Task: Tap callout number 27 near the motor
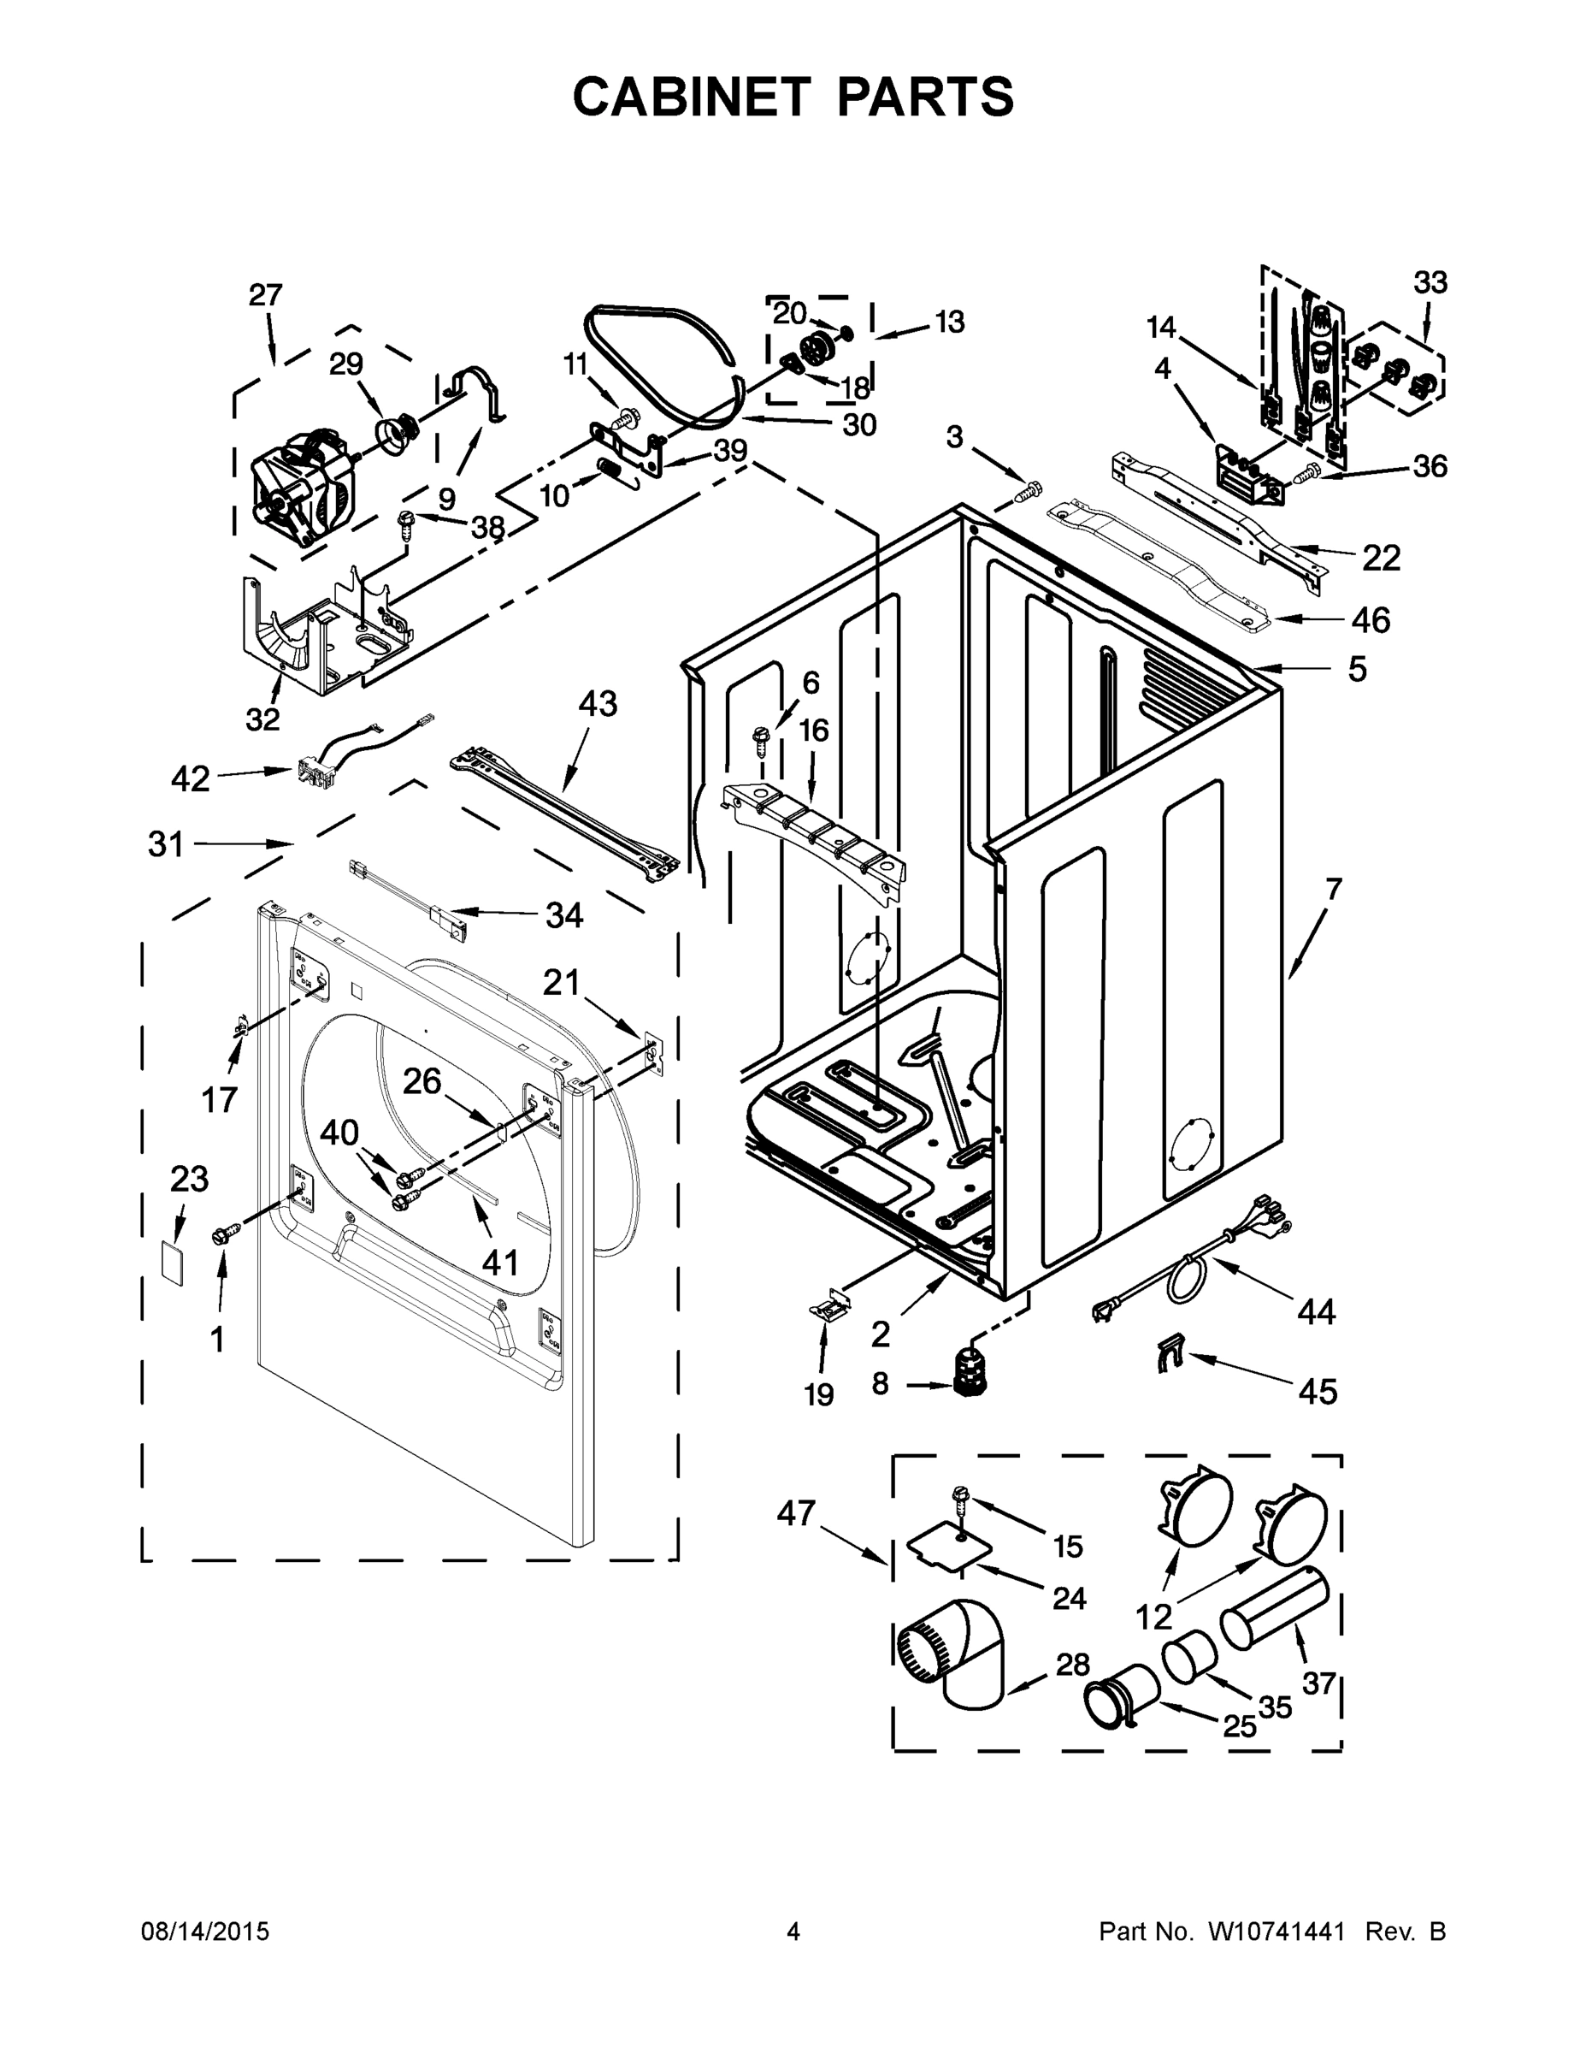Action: pyautogui.click(x=265, y=295)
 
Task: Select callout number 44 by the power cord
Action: pyautogui.click(x=1316, y=1310)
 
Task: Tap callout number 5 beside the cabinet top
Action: pyautogui.click(x=1357, y=669)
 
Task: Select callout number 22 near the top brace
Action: pyautogui.click(x=1380, y=559)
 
